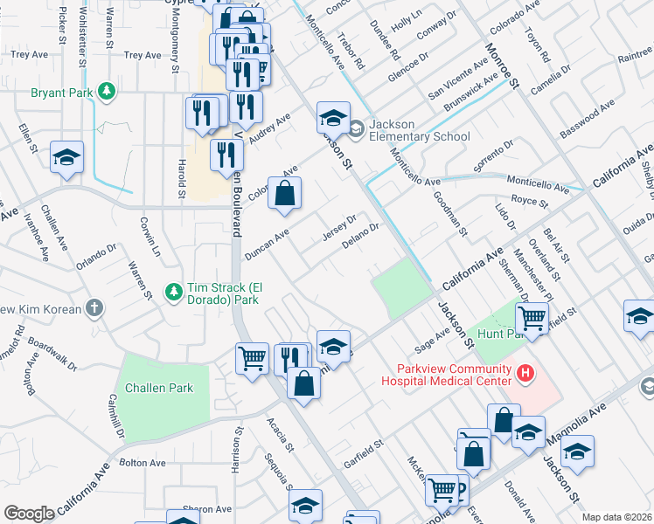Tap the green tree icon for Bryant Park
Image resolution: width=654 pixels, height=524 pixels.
107,90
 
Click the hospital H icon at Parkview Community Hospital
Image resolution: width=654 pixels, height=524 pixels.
525,374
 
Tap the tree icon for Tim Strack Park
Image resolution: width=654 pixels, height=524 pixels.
174,289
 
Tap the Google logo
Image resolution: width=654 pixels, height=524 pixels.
29,514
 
